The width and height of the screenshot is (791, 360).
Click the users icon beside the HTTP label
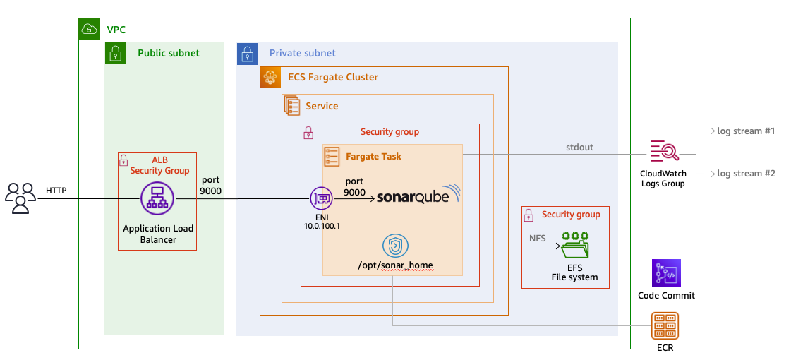coord(20,198)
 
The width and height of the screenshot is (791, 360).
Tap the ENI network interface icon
coord(322,198)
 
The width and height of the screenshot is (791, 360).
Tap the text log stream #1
coord(746,131)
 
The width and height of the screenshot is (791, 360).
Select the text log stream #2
coord(746,174)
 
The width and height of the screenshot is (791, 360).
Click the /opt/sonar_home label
coord(395,265)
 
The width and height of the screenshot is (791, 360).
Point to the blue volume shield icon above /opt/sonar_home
coord(395,246)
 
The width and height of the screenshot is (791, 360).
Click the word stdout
coord(579,148)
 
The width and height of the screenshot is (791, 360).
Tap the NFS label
coord(538,239)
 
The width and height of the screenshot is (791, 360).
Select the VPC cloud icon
coord(90,30)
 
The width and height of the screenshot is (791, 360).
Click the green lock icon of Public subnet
coord(116,54)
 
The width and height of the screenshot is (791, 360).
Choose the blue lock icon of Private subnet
coord(248,54)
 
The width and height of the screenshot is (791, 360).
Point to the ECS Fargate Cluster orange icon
coord(271,78)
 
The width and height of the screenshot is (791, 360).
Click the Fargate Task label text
coord(374,155)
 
